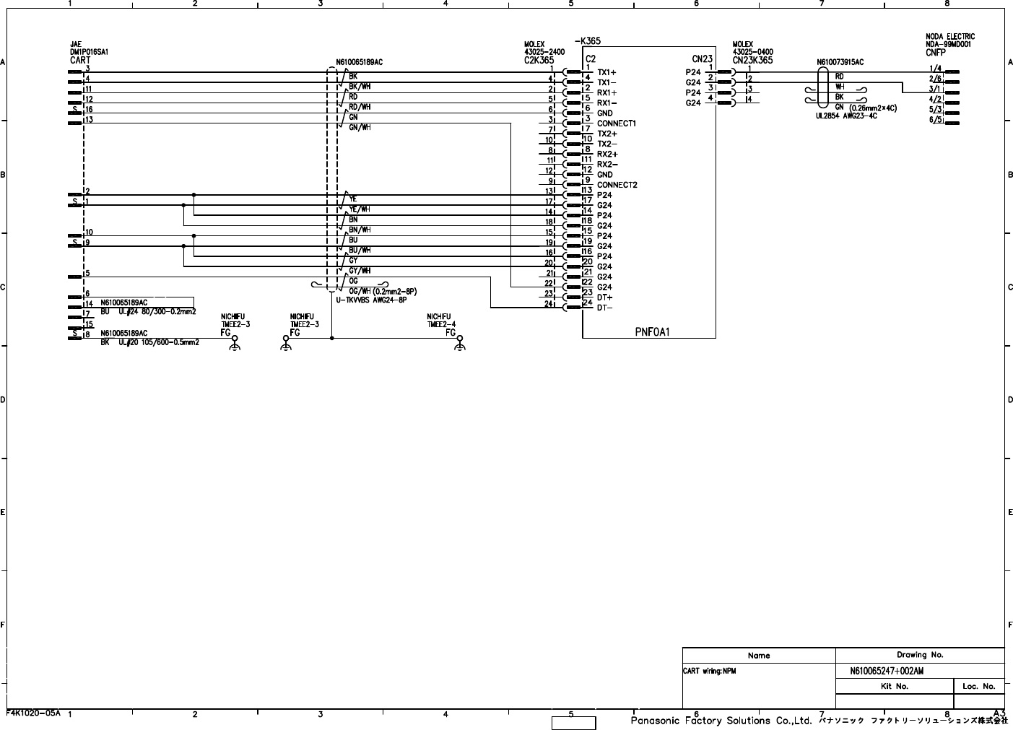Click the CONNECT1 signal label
[x=616, y=123]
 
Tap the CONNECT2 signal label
[x=617, y=185]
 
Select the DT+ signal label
[x=605, y=297]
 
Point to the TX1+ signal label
[x=607, y=72]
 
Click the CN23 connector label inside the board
[x=702, y=59]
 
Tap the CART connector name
[x=80, y=61]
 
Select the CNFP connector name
[x=935, y=52]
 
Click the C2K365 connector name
[x=539, y=61]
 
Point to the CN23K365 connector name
[x=752, y=61]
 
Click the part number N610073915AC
[x=840, y=63]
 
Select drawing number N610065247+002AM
[x=887, y=671]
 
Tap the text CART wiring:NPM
[x=709, y=671]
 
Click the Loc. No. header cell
[x=978, y=686]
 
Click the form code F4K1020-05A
[x=33, y=713]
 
